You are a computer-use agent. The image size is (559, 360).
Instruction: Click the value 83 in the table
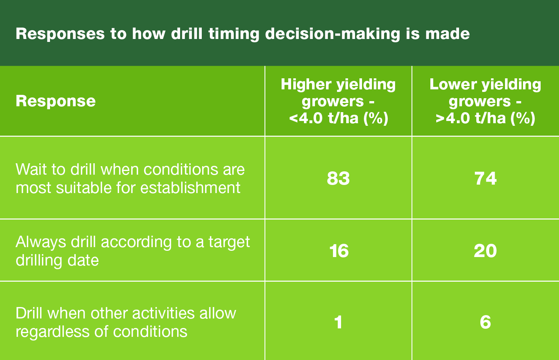tap(338, 178)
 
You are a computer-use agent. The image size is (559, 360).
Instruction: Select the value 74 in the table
tap(485, 178)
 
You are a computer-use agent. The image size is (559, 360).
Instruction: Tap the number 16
tap(339, 251)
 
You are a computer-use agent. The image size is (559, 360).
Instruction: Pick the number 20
tap(485, 251)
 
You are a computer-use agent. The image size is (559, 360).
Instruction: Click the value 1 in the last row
tap(338, 322)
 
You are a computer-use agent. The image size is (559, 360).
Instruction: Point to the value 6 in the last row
tap(485, 322)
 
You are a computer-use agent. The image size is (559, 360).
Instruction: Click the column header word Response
tap(55, 101)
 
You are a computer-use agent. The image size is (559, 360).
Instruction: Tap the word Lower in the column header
tap(453, 84)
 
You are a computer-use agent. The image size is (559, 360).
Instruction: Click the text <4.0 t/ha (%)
tap(338, 118)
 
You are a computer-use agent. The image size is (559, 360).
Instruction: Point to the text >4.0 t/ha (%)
tap(485, 118)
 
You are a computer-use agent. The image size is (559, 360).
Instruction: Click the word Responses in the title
tap(60, 34)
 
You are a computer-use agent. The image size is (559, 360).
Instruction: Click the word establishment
tap(190, 188)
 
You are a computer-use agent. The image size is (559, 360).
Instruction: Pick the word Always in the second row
tap(41, 242)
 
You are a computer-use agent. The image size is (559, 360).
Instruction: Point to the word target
tap(229, 242)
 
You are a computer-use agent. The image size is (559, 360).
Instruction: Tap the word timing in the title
tap(234, 34)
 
